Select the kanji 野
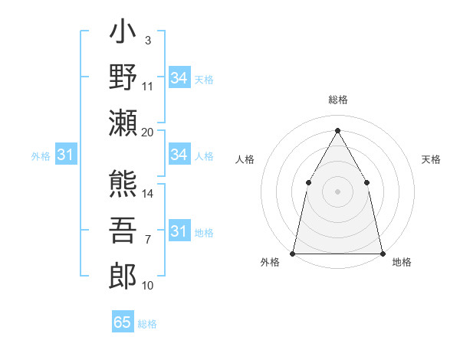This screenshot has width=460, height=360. (x=123, y=79)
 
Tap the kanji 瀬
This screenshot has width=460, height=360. (x=123, y=122)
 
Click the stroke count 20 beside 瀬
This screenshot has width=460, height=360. (x=148, y=133)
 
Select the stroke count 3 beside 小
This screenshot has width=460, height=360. (x=147, y=39)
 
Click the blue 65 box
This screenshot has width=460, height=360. (x=123, y=322)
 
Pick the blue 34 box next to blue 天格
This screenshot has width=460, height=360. (x=179, y=78)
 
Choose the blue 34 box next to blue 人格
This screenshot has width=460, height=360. (x=179, y=155)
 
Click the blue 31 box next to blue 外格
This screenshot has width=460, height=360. (x=66, y=155)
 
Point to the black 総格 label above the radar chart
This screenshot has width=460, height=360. (x=337, y=100)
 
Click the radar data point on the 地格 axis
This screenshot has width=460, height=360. (x=383, y=253)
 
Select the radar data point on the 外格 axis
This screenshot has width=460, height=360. (x=293, y=253)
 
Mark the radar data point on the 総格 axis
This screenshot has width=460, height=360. (x=337, y=129)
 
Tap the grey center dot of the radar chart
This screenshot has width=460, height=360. (x=337, y=191)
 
